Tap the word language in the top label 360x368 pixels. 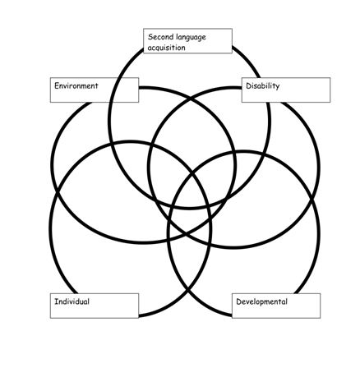click(192, 38)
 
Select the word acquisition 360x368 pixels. click(167, 48)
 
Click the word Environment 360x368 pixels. click(76, 85)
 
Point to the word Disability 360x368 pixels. click(263, 86)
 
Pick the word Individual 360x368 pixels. click(72, 301)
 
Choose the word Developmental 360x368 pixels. click(261, 301)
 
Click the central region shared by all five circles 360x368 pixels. click(189, 195)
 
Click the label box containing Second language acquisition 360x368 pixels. click(188, 41)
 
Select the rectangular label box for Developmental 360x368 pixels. click(276, 306)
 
